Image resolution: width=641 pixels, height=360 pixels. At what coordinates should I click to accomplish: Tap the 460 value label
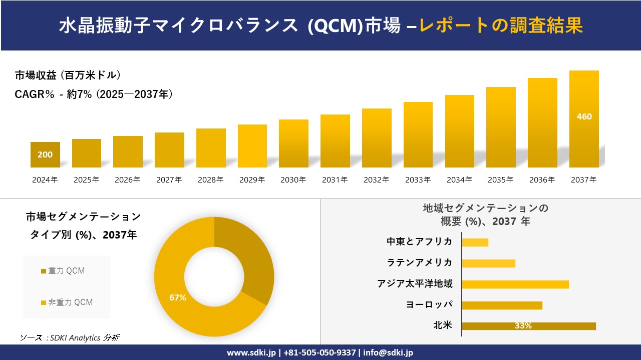tap(584, 116)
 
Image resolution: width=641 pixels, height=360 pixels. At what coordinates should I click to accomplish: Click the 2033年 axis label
tap(418, 180)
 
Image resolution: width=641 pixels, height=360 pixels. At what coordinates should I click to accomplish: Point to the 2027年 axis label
tap(169, 180)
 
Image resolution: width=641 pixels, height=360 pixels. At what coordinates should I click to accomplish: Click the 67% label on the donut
tap(178, 297)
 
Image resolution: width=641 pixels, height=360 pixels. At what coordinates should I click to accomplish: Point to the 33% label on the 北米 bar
tap(523, 326)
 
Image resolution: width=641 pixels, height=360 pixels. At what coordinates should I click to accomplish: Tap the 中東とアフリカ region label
tap(419, 241)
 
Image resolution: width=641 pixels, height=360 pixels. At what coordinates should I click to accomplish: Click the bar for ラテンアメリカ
tap(488, 263)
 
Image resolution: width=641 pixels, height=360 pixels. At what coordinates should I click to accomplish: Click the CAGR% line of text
tap(94, 94)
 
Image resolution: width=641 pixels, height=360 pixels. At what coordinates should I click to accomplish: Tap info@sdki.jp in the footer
tap(388, 352)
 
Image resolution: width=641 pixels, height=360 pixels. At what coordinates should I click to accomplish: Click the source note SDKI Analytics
tap(70, 337)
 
